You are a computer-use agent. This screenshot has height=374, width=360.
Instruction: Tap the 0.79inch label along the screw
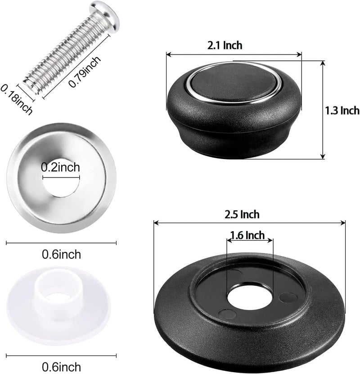click(x=85, y=72)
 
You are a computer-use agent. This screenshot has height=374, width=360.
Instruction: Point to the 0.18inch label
click(x=16, y=100)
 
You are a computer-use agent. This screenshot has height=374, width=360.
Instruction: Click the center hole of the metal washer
click(x=61, y=178)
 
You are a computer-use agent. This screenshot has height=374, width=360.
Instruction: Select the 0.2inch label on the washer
click(x=60, y=167)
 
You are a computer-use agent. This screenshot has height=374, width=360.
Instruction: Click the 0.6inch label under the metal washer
click(x=62, y=254)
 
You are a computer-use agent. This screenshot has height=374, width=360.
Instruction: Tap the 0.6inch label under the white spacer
click(x=62, y=367)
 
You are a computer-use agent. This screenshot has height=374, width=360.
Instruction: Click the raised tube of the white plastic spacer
click(x=58, y=293)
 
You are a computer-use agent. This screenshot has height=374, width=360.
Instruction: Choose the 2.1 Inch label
click(x=225, y=46)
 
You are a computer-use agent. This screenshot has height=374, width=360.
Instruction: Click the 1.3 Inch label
click(x=342, y=110)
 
